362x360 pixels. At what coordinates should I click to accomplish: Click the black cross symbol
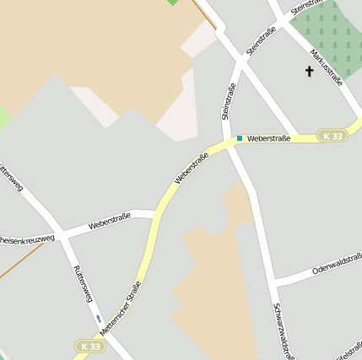tap(309, 73)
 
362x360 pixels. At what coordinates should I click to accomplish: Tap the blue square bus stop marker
tap(240, 138)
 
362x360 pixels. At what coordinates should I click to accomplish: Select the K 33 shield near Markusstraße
tap(333, 136)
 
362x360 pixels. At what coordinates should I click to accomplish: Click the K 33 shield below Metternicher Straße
tap(89, 346)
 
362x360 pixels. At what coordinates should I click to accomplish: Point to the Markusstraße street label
tap(326, 67)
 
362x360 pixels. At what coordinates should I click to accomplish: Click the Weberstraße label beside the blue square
tap(268, 138)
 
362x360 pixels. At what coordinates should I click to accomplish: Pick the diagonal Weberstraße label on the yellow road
tap(192, 168)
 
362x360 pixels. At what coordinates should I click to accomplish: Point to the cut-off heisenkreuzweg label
tap(27, 239)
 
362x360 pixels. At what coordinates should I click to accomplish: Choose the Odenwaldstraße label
tap(337, 267)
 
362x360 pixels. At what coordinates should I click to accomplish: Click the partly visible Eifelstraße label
tap(349, 347)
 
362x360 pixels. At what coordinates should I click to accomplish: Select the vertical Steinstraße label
tap(227, 101)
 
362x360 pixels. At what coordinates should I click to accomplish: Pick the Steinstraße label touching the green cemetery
tap(307, 7)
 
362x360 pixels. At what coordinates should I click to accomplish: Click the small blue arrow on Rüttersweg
tap(99, 318)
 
